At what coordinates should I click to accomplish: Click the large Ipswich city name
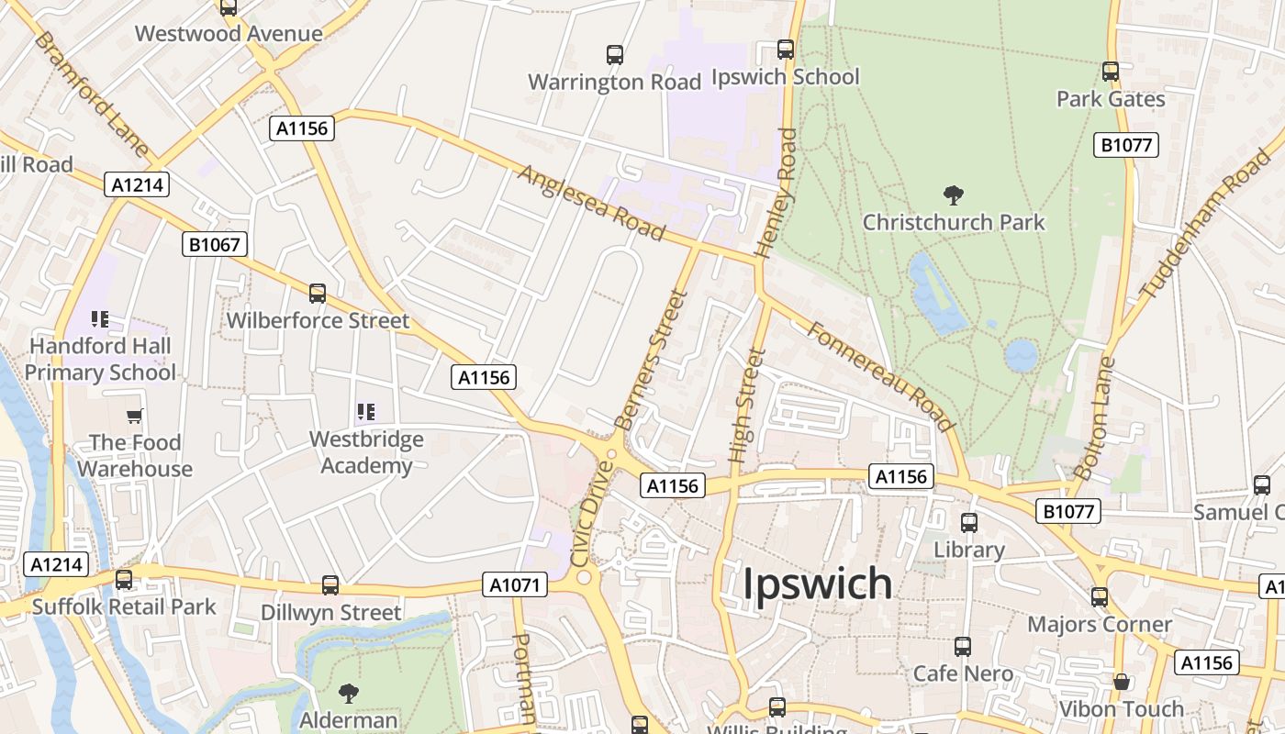tap(817, 584)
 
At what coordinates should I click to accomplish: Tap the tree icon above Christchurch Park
tap(954, 195)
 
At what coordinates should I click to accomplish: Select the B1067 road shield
tap(216, 244)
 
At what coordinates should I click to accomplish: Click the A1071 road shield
tap(515, 584)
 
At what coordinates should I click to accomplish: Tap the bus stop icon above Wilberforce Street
tap(318, 294)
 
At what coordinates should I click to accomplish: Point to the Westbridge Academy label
tap(366, 452)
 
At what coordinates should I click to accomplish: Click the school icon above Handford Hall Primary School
tap(100, 319)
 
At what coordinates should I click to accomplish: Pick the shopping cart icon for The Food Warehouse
tap(135, 417)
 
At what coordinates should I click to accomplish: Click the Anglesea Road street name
tap(590, 203)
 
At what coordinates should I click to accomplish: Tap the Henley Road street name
tap(775, 192)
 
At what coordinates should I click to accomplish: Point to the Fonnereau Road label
tap(879, 375)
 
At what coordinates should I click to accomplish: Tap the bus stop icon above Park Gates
tap(1111, 72)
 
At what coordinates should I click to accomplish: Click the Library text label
tap(969, 550)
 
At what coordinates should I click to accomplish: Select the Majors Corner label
tap(1100, 625)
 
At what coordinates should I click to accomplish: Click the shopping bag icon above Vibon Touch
tap(1121, 683)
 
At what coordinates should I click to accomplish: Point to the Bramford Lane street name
tap(92, 94)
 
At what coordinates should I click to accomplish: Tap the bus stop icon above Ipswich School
tap(786, 50)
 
